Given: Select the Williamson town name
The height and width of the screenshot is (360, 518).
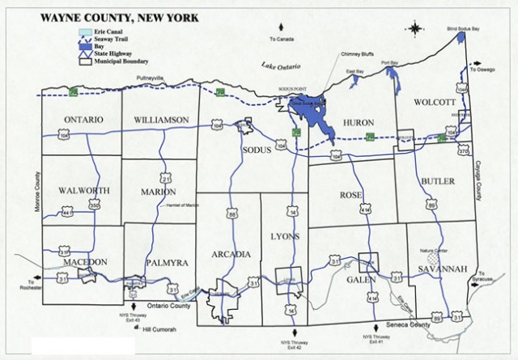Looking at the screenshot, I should (x=162, y=120).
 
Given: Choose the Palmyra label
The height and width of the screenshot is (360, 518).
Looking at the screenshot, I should (x=167, y=263).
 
